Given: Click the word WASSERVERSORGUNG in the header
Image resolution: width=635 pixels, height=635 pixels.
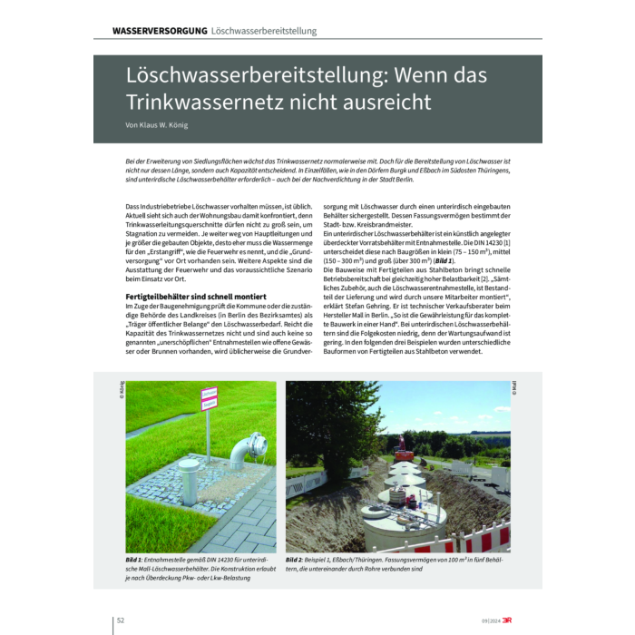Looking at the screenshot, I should point(160,31).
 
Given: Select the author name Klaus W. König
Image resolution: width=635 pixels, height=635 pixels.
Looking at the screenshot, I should point(160,126).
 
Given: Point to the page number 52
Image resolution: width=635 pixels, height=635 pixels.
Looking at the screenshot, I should point(120,620).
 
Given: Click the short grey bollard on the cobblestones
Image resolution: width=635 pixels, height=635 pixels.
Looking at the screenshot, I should point(191,490).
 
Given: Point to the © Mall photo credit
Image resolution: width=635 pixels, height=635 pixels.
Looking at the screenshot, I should point(514,391).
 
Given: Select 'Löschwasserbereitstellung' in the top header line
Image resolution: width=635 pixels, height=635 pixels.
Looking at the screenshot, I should point(264,31).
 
